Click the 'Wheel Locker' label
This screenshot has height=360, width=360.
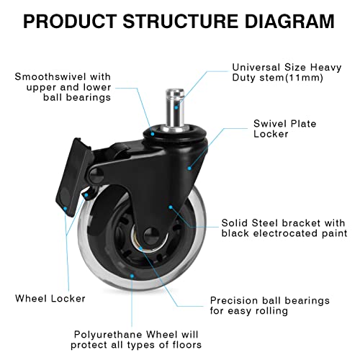coord(50,298)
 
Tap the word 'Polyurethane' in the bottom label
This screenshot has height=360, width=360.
coord(107,334)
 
